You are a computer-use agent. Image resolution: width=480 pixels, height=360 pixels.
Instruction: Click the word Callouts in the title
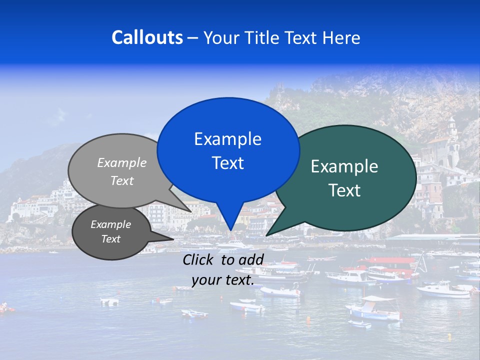pos(147,37)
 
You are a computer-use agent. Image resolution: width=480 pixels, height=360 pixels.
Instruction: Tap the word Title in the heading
pos(262,37)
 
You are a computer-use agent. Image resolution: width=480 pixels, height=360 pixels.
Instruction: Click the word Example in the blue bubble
pos(227,139)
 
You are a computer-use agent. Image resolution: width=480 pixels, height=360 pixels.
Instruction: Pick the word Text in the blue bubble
pos(227,163)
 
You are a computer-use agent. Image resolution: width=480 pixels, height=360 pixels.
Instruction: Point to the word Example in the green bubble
pos(344,166)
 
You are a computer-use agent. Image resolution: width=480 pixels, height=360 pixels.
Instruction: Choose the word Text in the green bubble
pos(344,190)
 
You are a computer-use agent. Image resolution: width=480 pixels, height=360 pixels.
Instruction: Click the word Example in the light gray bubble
pos(122,162)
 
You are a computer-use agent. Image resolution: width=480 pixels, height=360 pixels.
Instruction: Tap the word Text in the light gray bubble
pos(122,180)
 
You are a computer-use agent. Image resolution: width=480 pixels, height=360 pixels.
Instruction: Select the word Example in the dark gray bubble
pos(110,224)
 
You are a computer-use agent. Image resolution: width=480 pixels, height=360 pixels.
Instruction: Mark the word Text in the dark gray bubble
pos(110,239)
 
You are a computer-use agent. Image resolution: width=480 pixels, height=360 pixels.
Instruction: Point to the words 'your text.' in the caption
pos(223,280)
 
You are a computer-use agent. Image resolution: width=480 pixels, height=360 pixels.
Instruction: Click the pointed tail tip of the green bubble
pos(266,235)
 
